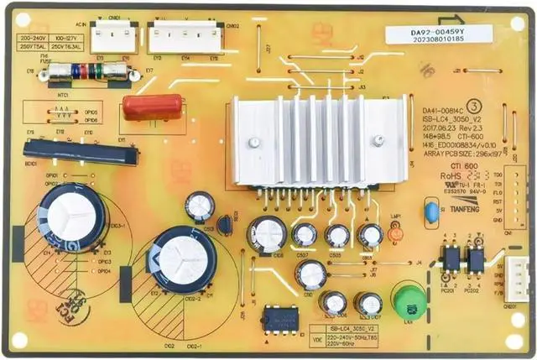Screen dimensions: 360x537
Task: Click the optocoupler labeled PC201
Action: (451, 259)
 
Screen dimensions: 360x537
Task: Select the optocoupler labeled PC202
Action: (477, 259)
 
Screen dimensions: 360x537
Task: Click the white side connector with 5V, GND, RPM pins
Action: (520, 278)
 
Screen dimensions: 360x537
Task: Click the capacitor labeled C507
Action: (304, 236)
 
